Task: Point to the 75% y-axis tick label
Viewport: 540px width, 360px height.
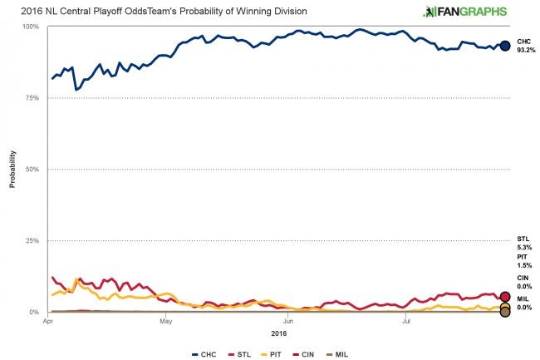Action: [x=32, y=98]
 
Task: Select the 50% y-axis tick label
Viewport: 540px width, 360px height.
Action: [x=32, y=170]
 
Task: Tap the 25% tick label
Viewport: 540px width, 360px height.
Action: [x=32, y=241]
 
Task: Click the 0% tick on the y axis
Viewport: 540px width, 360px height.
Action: [x=34, y=313]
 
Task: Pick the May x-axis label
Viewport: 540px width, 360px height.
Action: [x=166, y=320]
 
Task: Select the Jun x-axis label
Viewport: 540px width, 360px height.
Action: [x=287, y=320]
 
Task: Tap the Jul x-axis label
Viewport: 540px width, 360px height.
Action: [x=405, y=320]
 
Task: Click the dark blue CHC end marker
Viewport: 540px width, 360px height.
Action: [x=504, y=46]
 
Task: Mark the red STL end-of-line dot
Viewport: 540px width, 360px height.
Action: [x=504, y=297]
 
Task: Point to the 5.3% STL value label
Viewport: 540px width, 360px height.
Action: [x=524, y=248]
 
